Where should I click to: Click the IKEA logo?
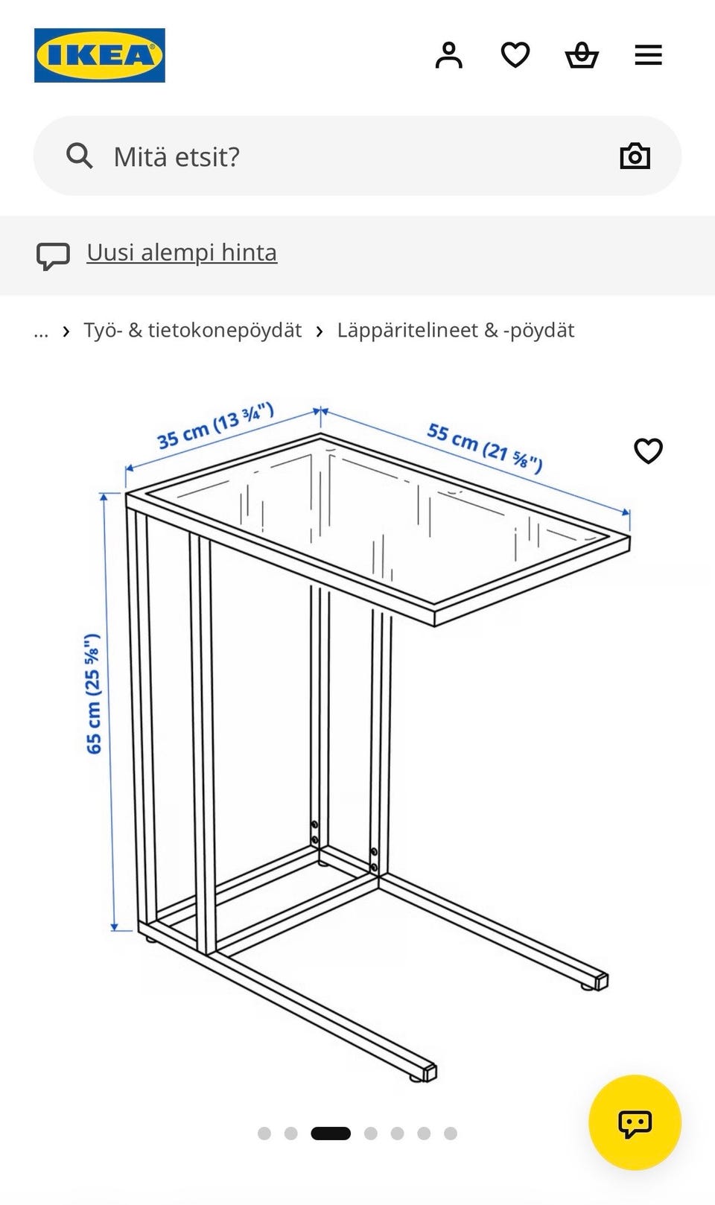point(100,55)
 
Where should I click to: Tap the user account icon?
point(448,55)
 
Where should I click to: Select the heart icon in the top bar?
point(515,55)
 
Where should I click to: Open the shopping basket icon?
point(582,56)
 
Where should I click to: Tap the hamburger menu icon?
point(648,55)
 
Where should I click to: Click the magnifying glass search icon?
point(79,156)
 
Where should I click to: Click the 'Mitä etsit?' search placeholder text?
point(177,156)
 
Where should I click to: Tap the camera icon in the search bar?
point(635,156)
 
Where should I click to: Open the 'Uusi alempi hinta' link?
point(182,252)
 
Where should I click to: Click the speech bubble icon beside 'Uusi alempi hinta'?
point(53,256)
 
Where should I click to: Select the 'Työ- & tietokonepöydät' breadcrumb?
point(193,330)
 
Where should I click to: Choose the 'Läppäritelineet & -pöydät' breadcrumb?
point(456,330)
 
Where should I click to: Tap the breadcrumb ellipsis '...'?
point(41,332)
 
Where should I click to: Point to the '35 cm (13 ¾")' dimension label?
point(215,425)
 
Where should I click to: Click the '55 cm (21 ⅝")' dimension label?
point(485,448)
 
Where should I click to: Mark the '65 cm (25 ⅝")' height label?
point(93,694)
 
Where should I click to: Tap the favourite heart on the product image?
point(648,451)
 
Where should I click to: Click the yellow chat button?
point(635,1122)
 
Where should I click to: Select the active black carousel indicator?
point(331,1134)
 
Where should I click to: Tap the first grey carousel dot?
point(264,1134)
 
